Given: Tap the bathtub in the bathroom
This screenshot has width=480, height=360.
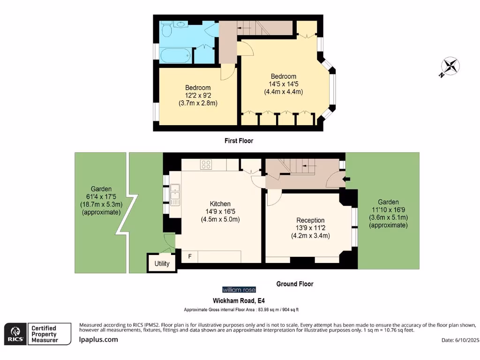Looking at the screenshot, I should (176, 56).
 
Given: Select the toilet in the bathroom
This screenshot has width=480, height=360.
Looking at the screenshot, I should (166, 30).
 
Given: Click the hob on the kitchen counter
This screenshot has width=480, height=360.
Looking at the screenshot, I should (206, 165).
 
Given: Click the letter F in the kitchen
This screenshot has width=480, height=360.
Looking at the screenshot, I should (190, 256).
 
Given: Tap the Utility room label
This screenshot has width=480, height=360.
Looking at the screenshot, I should (162, 263).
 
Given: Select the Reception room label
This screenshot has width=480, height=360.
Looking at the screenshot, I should (310, 220).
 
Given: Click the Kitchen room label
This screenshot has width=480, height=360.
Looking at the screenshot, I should (220, 204).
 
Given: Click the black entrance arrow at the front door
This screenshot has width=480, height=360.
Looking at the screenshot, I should (346, 179).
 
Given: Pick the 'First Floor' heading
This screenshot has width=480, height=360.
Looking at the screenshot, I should (239, 141).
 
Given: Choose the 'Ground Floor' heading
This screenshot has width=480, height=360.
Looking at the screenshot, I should (295, 284).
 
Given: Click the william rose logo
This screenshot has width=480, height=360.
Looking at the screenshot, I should (239, 290).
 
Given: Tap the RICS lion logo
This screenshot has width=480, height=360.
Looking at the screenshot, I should (15, 333).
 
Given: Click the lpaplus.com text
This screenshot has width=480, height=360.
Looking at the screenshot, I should (99, 340).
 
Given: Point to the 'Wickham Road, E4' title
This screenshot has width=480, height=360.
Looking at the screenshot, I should (240, 300).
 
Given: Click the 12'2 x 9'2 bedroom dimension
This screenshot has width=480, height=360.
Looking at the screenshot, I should (198, 95).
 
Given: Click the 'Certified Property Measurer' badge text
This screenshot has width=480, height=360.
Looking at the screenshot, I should (44, 334).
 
